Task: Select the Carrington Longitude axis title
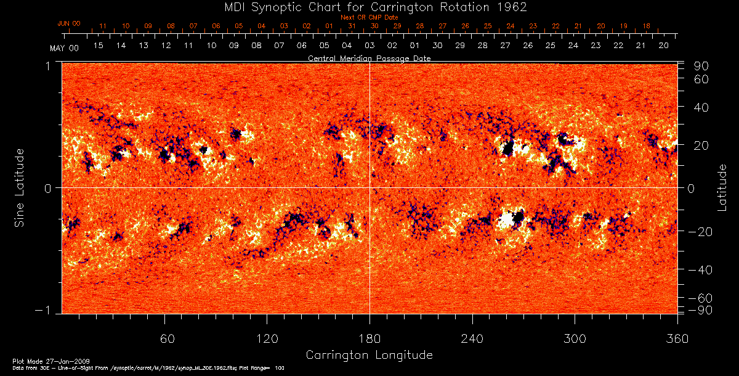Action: (x=369, y=355)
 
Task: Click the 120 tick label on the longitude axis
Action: (x=267, y=338)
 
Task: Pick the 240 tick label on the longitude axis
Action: (x=472, y=338)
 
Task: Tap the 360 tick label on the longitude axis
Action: (x=677, y=338)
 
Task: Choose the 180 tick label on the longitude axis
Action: (x=369, y=338)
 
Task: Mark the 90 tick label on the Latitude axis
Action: (x=703, y=66)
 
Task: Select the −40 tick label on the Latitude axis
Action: (x=700, y=270)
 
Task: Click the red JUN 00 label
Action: (x=68, y=23)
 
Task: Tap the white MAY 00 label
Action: (x=65, y=47)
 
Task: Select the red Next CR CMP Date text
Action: (x=369, y=17)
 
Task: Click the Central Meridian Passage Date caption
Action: (x=369, y=58)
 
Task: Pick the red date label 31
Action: (x=352, y=27)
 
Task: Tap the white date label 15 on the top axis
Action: (x=98, y=46)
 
